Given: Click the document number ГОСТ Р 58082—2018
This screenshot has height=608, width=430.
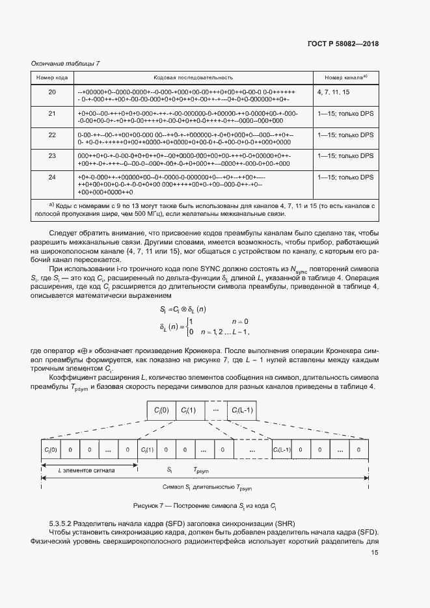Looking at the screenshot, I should pos(342,44).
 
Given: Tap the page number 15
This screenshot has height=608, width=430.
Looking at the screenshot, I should pos(375,553).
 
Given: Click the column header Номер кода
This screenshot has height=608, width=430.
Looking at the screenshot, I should pos(52,77).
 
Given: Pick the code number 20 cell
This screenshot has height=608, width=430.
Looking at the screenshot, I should pos(52,92).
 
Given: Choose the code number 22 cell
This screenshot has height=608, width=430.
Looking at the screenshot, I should pos(52,134).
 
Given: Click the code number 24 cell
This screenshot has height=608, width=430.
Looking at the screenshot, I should pos(52,177).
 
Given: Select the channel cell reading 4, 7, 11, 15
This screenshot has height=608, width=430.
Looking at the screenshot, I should pos(333,92).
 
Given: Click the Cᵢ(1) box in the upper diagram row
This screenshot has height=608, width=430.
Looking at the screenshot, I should pos(189,410).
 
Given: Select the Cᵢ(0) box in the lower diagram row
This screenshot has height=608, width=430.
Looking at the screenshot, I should pos(51,449).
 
